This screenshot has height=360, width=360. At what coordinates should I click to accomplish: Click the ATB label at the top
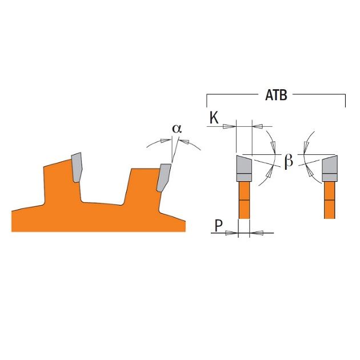[x=276, y=95]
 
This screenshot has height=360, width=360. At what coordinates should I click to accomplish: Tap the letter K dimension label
[x=214, y=118]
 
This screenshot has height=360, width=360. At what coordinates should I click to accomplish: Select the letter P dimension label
[x=218, y=226]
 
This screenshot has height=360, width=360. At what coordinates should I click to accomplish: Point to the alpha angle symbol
[x=177, y=129]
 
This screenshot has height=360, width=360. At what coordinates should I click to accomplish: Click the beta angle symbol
[x=289, y=161]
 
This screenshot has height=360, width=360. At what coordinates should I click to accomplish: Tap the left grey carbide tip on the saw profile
[x=77, y=167]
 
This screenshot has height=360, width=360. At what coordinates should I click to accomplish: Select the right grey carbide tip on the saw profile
[x=163, y=177]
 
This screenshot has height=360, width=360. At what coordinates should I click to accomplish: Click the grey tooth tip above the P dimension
[x=244, y=169]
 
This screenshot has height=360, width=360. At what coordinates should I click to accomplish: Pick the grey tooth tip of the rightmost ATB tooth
[x=330, y=169]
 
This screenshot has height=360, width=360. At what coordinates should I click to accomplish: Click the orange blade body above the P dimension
[x=244, y=200]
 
